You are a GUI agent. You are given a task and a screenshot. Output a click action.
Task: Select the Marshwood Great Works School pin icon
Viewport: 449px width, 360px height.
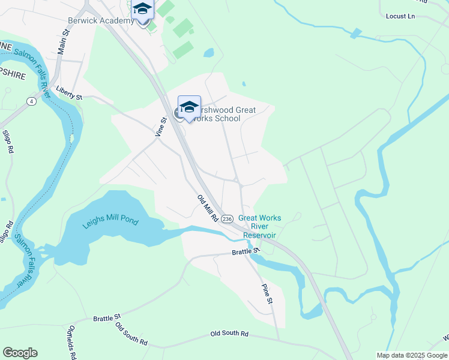[x=189, y=108]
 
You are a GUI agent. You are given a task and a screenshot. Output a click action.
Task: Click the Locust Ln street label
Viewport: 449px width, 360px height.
[x=401, y=16]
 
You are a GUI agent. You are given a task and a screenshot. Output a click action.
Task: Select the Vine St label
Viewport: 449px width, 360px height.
[x=160, y=127]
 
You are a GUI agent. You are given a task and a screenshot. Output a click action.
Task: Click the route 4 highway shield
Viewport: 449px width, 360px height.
[x=31, y=101]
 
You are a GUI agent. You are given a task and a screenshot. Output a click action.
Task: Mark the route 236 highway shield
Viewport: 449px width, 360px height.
[x=227, y=219]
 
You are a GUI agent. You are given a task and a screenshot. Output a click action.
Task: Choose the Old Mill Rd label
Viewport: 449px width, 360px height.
[x=207, y=208]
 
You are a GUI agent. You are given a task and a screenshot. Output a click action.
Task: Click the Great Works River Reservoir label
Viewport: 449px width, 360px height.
[x=259, y=227]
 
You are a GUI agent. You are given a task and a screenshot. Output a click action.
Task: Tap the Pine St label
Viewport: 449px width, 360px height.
[x=267, y=293]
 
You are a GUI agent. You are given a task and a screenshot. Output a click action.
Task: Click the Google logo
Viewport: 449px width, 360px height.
[x=20, y=353]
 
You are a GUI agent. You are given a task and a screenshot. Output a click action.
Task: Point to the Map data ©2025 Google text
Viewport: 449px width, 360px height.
[x=411, y=355]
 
